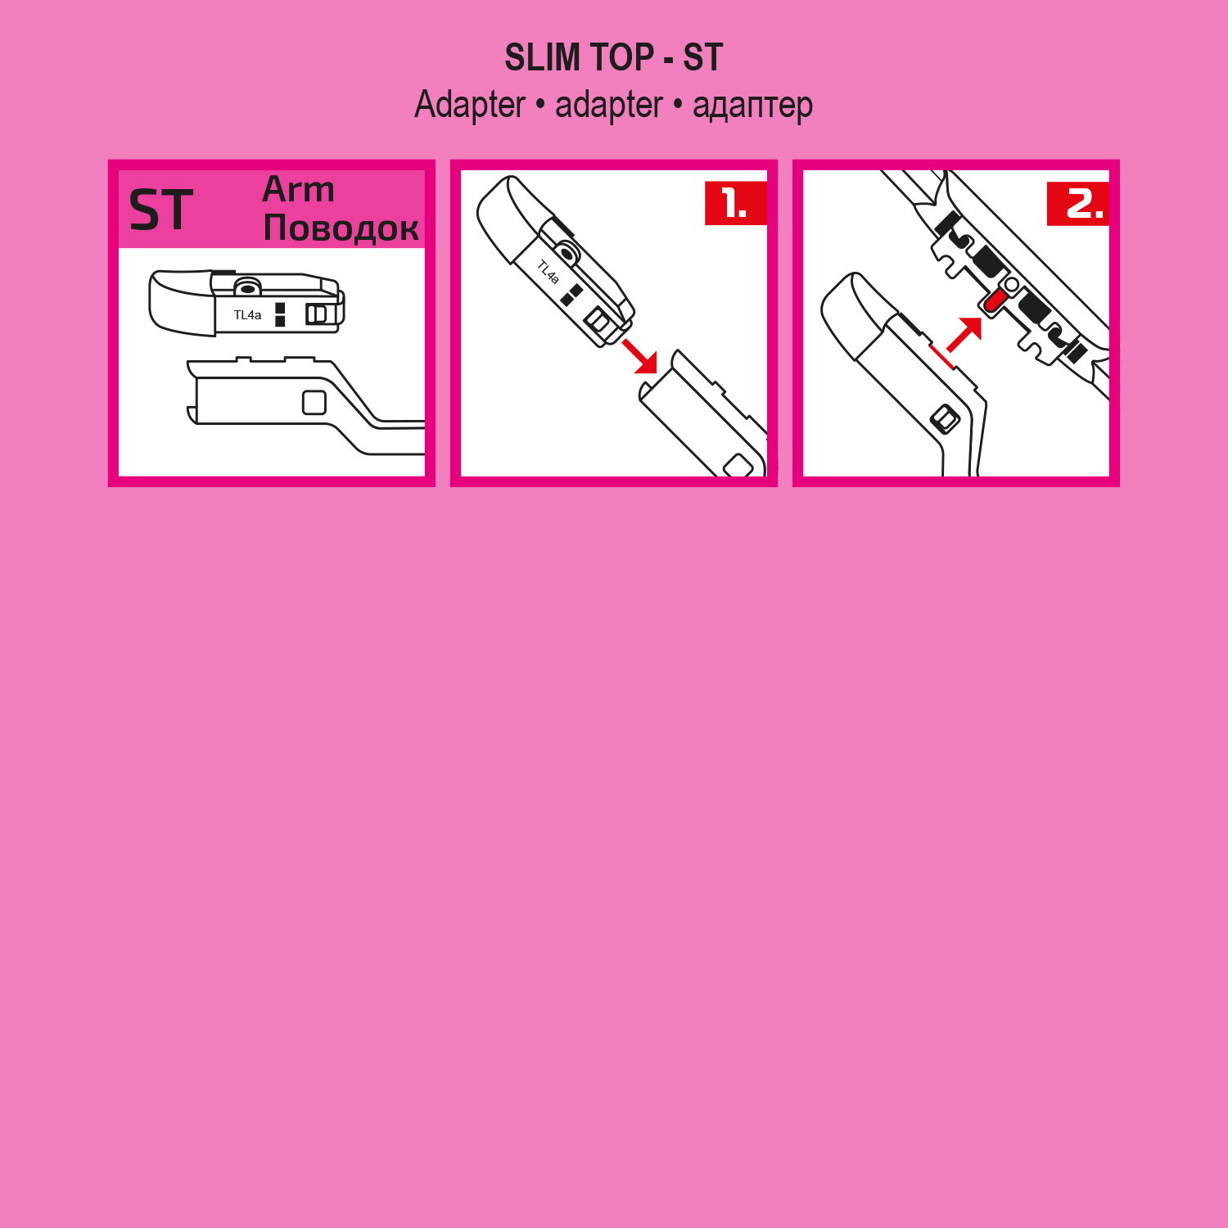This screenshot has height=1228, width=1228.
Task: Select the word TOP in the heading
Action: point(622,57)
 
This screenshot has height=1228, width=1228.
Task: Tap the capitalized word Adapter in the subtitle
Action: point(470,106)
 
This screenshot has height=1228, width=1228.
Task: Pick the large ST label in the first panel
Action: point(161,210)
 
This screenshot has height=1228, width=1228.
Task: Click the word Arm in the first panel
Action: point(298,189)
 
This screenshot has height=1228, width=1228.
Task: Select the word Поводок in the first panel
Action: point(341,228)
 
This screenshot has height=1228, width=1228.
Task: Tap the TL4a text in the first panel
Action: point(247,315)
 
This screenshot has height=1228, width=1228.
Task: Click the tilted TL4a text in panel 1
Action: point(549,272)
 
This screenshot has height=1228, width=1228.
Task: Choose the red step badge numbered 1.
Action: point(736,203)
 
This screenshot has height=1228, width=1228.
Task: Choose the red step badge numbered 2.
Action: point(1078,203)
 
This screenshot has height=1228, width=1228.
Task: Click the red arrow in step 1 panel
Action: point(640,356)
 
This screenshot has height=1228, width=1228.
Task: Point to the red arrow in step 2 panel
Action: point(964,334)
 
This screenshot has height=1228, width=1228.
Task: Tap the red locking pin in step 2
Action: point(995,300)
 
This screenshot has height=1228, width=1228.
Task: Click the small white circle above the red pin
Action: point(1012,284)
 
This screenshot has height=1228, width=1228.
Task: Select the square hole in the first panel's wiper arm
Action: point(314,402)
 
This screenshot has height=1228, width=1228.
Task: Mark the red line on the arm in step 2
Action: point(942,356)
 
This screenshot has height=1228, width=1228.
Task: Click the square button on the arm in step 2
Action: point(946,419)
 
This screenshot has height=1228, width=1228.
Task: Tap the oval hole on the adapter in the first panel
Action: point(246,288)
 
